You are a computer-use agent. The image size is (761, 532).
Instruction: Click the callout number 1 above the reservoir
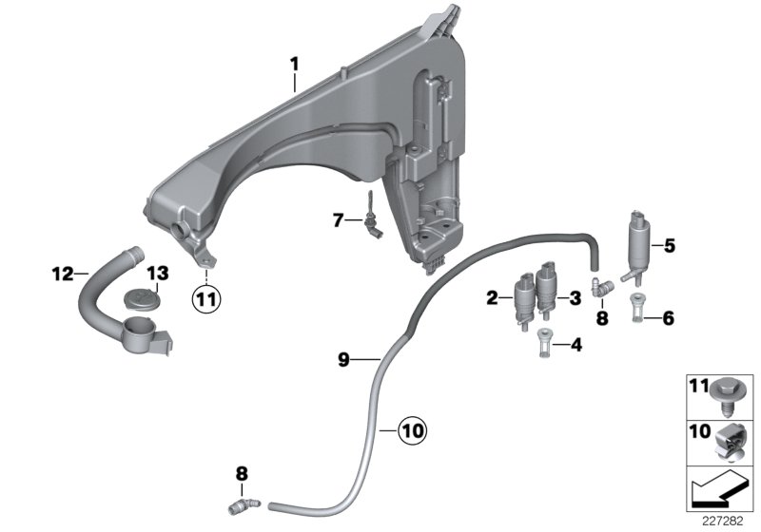(295, 64)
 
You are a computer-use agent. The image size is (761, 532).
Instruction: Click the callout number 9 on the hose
(344, 358)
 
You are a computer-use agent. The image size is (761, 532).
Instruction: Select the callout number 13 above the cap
(156, 274)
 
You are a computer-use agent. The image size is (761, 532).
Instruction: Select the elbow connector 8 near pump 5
(600, 281)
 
